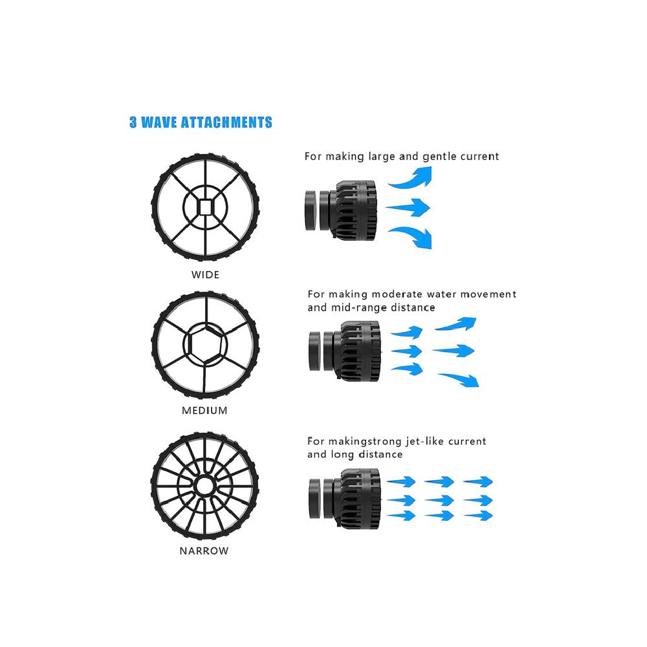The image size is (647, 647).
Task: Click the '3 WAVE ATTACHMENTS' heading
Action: pos(201,122)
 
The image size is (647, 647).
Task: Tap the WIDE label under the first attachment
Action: pos(205,275)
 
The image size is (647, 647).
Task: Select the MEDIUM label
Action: pos(204,411)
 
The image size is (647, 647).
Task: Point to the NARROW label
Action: pos(204,551)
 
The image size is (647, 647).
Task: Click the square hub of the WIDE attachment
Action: pos(205,207)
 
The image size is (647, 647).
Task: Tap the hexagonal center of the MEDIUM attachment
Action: pos(205,344)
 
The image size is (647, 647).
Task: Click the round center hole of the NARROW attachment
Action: pos(204,486)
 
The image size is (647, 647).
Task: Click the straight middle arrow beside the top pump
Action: pos(408,208)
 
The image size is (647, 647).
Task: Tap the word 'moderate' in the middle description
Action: pos(397,294)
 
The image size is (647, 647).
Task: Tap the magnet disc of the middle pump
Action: pos(315,351)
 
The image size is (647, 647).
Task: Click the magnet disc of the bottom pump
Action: pos(315,498)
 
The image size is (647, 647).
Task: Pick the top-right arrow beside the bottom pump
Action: pos(478,481)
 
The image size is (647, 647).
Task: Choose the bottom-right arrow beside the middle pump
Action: pos(459,380)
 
